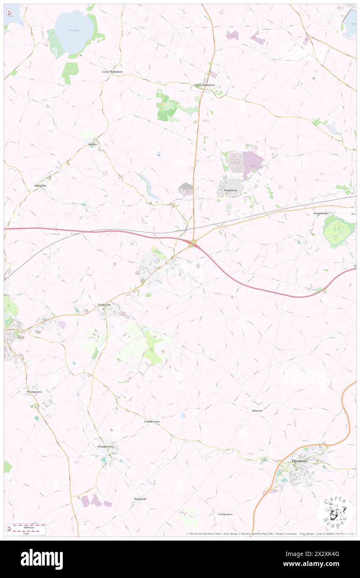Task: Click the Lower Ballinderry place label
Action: tap(113, 72)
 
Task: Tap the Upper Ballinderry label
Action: tap(205, 85)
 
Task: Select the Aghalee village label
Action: tap(92, 144)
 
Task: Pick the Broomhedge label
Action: tap(323, 213)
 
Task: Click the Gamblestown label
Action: tap(152, 421)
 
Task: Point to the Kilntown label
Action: tap(257, 410)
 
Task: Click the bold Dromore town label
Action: tap(299, 461)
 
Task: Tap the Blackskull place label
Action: tap(140, 499)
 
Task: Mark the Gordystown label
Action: tap(225, 514)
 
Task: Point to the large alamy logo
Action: tap(42, 558)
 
